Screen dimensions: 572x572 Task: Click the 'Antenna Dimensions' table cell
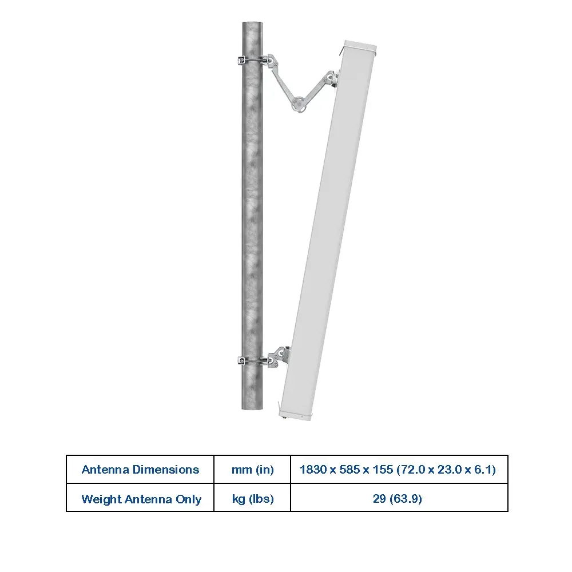140,470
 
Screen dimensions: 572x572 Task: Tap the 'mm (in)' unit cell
252,470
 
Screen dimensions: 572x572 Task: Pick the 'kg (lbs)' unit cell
252,498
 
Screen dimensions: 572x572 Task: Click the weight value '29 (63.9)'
398,498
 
